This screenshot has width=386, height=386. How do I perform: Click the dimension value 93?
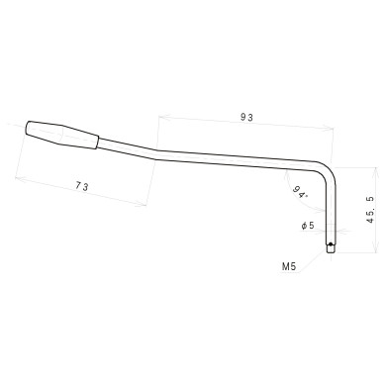246,117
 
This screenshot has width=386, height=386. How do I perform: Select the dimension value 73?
82,186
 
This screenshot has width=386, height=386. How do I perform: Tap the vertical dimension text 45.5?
369,210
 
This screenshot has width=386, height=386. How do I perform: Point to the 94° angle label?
300,192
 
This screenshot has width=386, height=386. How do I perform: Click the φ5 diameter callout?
308,226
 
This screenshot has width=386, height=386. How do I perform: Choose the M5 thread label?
289,266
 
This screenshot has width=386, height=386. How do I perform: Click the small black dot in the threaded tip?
334,247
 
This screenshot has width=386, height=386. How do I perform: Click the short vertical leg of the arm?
334,213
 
